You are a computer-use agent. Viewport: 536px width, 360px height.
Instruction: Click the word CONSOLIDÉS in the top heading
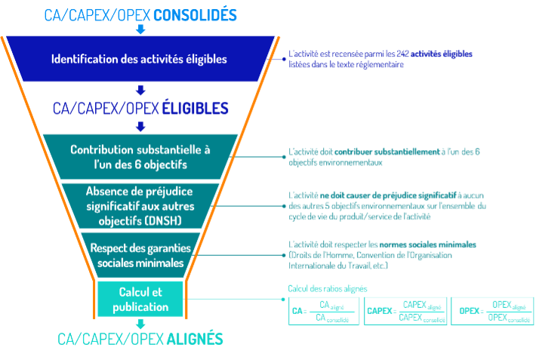pyautogui.click(x=195, y=14)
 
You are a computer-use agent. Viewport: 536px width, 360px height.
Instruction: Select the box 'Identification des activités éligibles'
pyautogui.click(x=139, y=59)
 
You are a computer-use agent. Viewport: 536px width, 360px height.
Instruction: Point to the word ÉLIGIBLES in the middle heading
pyautogui.click(x=195, y=109)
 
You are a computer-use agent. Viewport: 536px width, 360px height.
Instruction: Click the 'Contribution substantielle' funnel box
pyautogui.click(x=139, y=156)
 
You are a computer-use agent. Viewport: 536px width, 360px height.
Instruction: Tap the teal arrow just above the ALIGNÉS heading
pyautogui.click(x=140, y=324)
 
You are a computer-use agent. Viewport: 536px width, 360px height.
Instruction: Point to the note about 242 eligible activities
pyautogui.click(x=380, y=60)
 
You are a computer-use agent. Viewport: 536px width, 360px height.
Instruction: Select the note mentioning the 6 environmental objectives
pyautogui.click(x=384, y=156)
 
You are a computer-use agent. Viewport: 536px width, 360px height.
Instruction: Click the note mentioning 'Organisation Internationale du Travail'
pyautogui.click(x=383, y=254)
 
